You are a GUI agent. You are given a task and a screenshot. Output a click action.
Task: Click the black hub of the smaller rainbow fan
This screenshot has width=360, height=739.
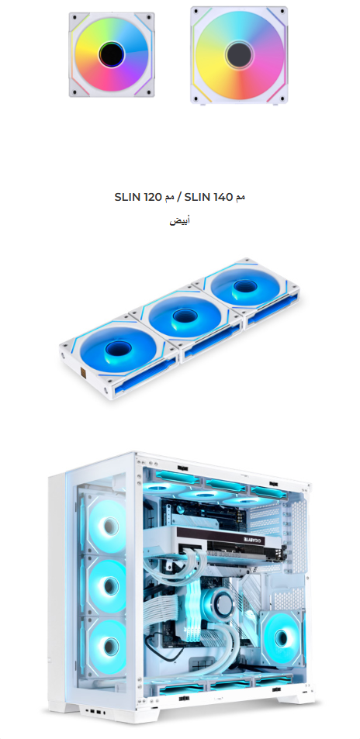(112, 55)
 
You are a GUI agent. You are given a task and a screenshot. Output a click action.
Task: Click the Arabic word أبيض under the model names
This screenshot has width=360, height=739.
(179, 220)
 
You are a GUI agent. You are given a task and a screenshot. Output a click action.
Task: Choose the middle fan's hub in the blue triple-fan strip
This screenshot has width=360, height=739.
(182, 316)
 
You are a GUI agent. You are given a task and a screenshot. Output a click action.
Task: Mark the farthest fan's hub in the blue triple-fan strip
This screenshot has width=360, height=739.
(242, 285)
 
